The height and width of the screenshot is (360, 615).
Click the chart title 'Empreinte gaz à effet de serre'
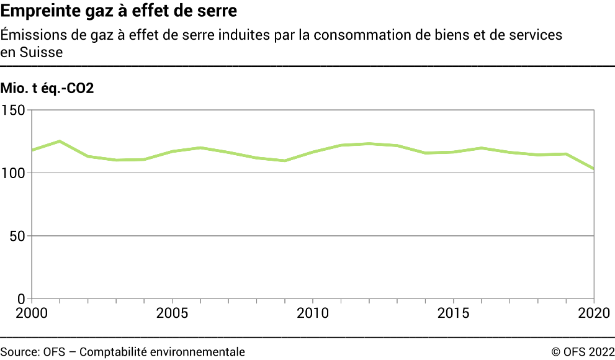[119, 12]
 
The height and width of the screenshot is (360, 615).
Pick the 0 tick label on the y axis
[20, 299]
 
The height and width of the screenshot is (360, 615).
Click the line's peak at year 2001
[60, 141]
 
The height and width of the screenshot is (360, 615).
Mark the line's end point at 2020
[595, 169]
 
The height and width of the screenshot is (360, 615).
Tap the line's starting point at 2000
[32, 150]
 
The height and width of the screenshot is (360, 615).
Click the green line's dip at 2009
[285, 161]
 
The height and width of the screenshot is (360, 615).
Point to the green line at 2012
[369, 143]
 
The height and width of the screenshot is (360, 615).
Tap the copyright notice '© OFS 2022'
[583, 352]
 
